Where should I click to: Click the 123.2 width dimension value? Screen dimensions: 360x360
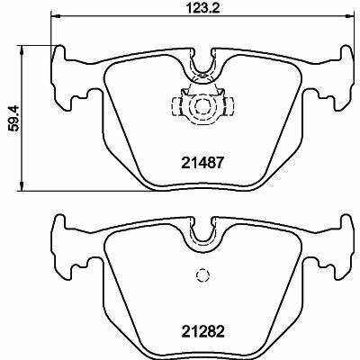click(203, 7)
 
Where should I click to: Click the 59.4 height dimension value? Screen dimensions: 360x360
click(14, 118)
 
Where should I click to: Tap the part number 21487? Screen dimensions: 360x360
click(202, 163)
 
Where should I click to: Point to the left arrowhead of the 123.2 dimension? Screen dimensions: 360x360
click(56, 14)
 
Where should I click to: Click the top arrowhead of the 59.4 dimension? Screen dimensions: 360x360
click(21, 50)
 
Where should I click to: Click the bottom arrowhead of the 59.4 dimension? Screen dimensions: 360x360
click(21, 186)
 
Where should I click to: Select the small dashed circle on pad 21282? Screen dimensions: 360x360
click(202, 274)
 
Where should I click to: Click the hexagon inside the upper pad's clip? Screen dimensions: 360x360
click(202, 106)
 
